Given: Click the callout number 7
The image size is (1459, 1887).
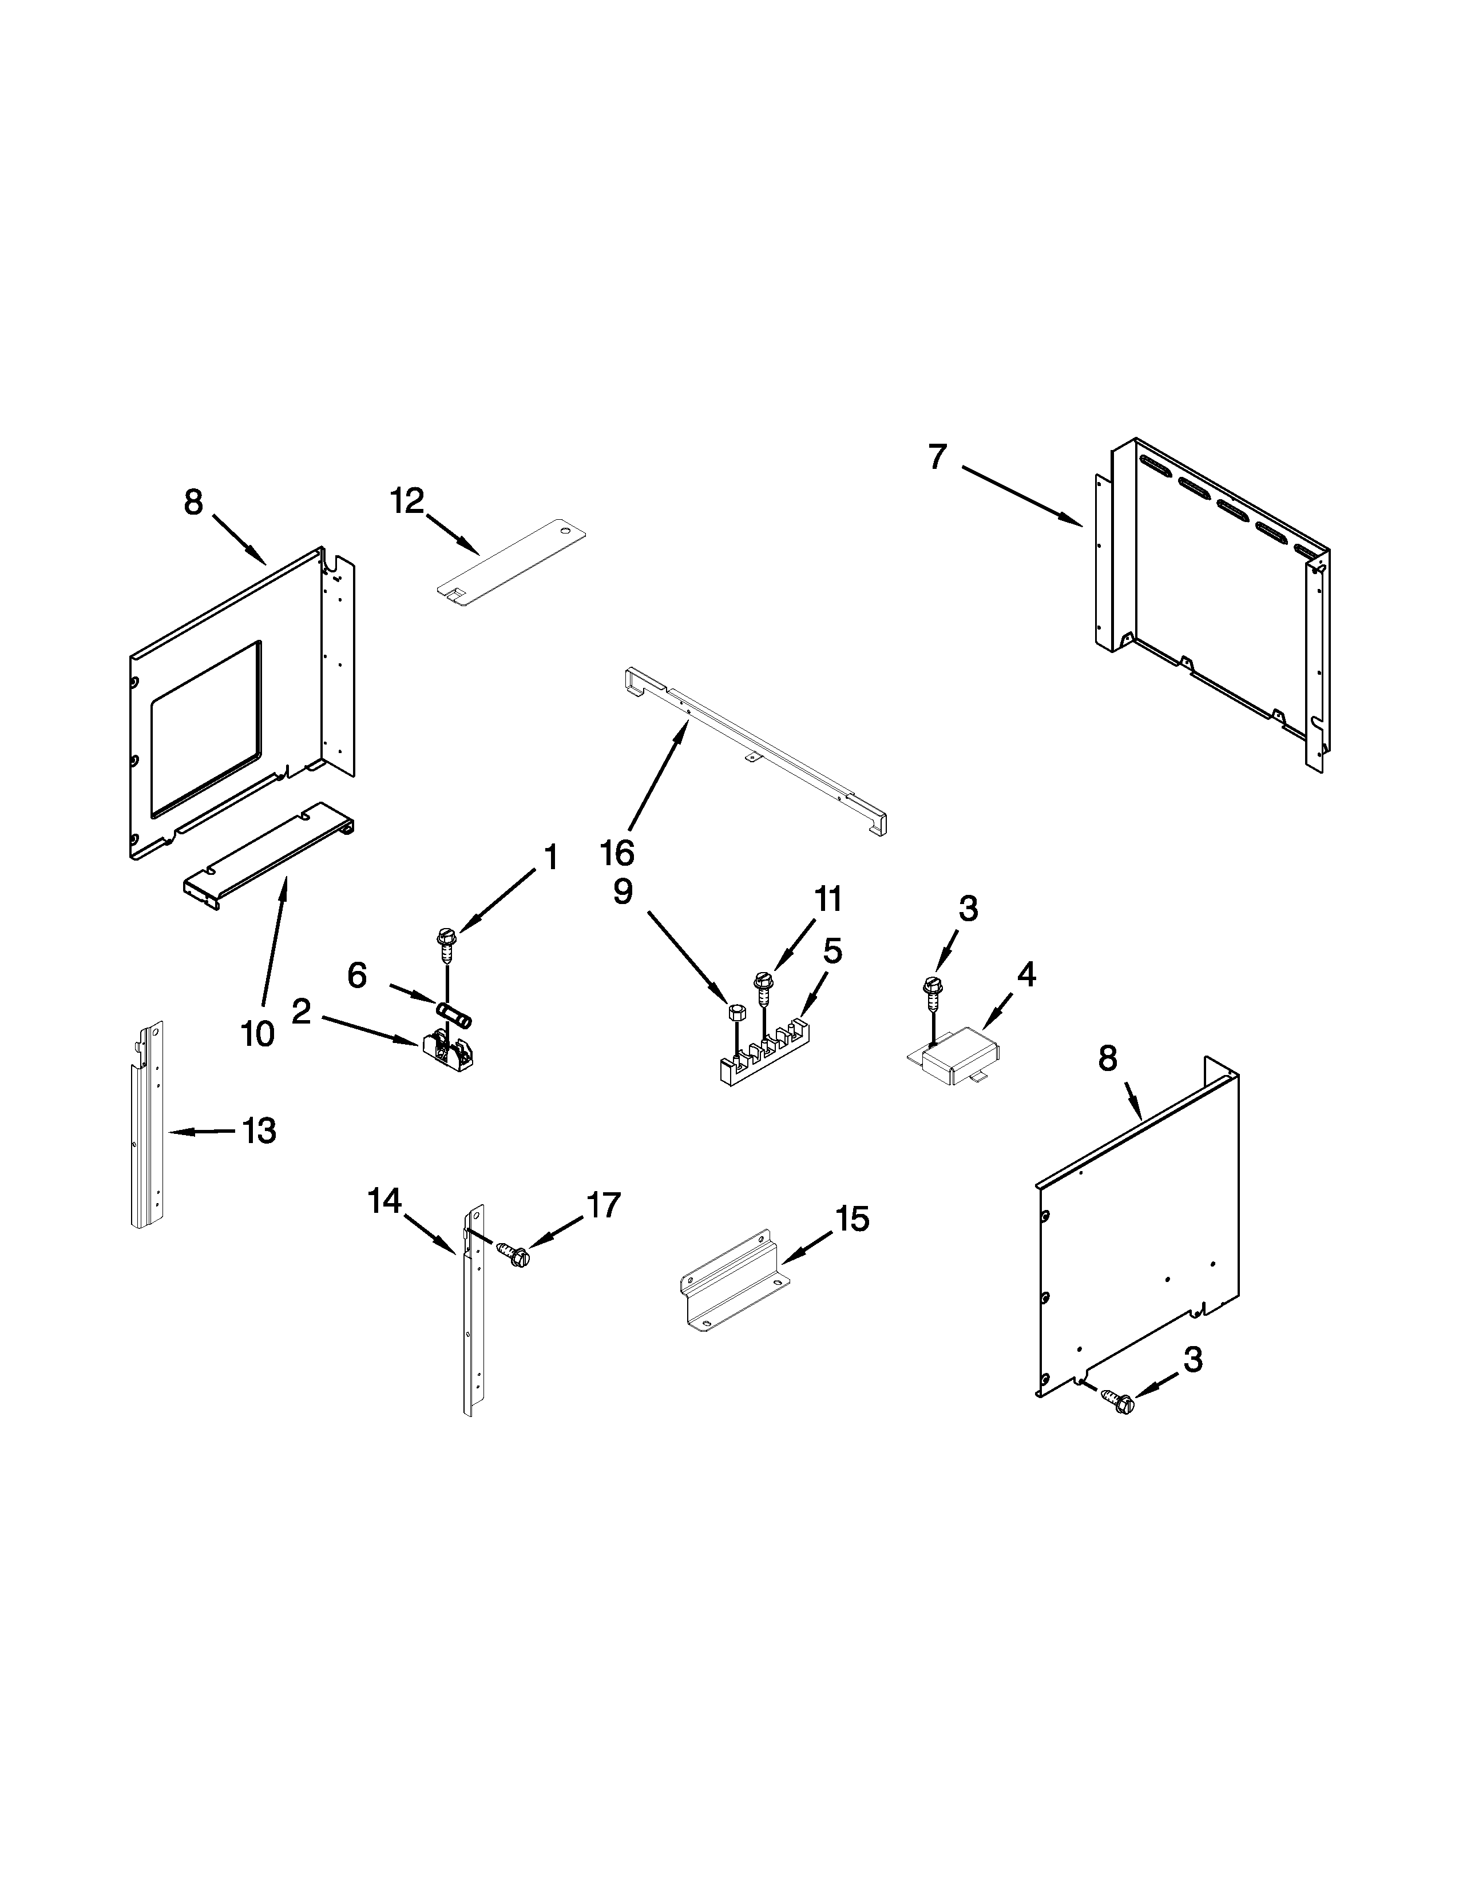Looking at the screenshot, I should [938, 456].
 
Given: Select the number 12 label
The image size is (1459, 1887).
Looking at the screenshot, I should [407, 500].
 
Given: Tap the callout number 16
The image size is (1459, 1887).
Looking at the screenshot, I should [617, 853].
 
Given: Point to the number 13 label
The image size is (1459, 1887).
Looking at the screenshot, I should [259, 1130].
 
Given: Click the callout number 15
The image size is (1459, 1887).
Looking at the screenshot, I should [853, 1219].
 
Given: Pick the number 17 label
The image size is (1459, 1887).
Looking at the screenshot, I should [603, 1204].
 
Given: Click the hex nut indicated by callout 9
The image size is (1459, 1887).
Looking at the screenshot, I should [738, 1013].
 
